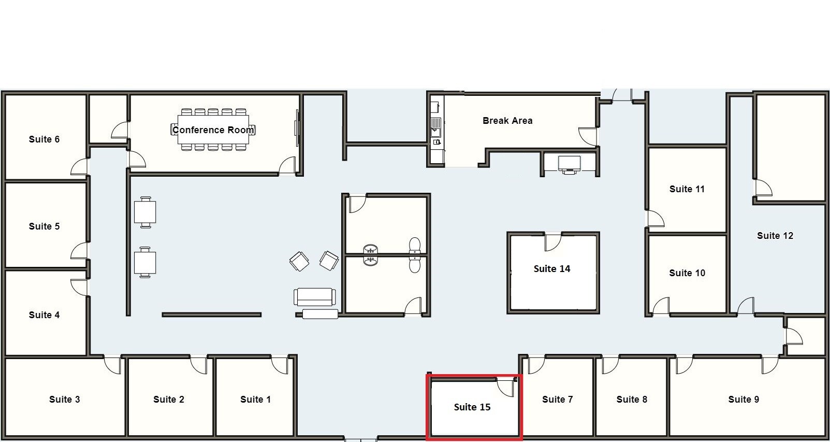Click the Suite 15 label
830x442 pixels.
[x=472, y=407]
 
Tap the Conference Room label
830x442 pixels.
[x=213, y=130]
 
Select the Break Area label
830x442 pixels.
[x=507, y=121]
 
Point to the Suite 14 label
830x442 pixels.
[x=552, y=269]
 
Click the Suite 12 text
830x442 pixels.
[x=775, y=236]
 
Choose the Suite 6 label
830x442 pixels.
[x=44, y=139]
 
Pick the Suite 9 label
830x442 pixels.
[x=744, y=400]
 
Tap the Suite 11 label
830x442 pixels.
[x=687, y=189]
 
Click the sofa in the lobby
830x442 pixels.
[x=314, y=297]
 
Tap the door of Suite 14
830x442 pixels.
[x=552, y=241]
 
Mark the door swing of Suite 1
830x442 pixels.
[x=280, y=364]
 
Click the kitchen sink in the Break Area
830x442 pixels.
[x=436, y=124]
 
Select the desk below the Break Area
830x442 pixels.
[x=569, y=164]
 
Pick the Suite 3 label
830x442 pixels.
[x=64, y=400]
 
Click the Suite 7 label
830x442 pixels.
[x=557, y=400]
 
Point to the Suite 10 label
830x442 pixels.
[x=687, y=273]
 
